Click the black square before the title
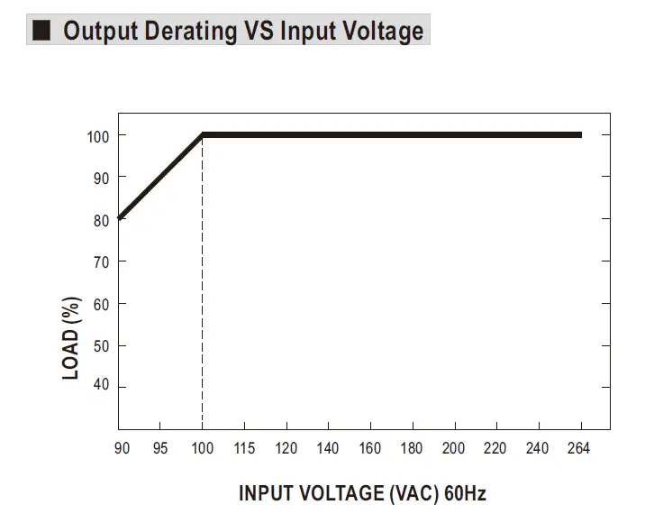[41, 31]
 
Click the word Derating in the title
[188, 31]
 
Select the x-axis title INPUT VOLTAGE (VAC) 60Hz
[362, 493]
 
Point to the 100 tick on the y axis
[98, 136]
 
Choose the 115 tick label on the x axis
[244, 449]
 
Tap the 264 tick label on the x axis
[581, 449]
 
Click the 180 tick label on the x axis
[412, 449]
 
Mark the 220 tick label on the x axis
[496, 449]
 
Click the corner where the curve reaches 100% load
[203, 135]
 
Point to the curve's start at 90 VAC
[120, 217]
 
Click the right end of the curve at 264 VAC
[580, 135]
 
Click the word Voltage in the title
[377, 31]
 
